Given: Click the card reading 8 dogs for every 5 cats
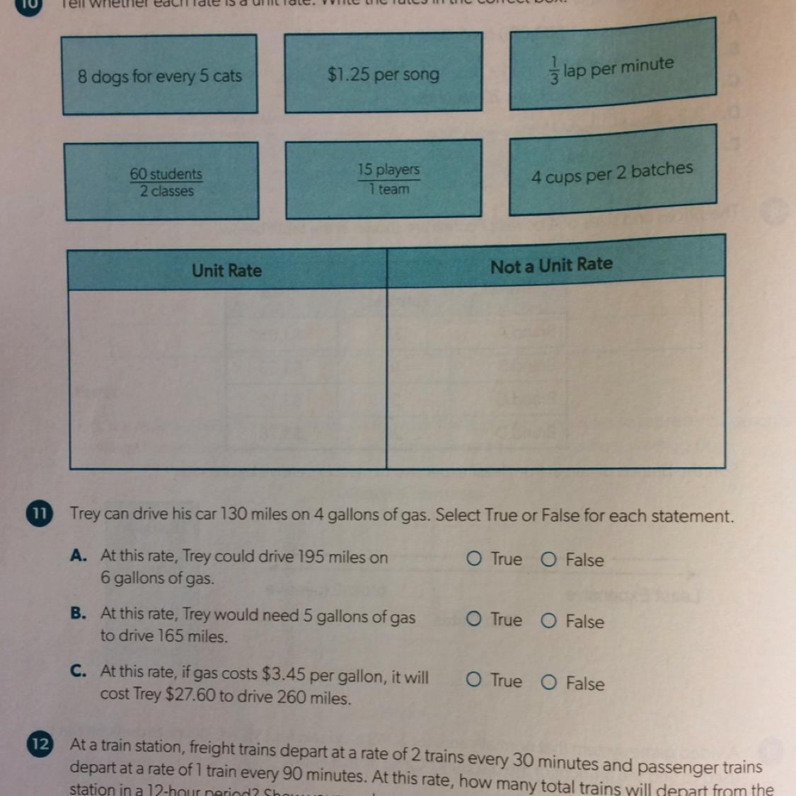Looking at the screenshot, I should tap(160, 75).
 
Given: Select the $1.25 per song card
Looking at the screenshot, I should tap(383, 74).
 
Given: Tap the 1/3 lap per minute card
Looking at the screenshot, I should tap(612, 68).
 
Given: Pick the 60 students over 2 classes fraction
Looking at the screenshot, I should tap(166, 182).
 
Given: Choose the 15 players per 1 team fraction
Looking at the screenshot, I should tap(388, 179).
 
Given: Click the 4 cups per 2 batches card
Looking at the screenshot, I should tap(612, 172).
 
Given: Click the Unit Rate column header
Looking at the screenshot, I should tap(226, 270).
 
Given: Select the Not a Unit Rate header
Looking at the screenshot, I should tap(551, 265).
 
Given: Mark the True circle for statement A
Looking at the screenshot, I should tap(474, 559).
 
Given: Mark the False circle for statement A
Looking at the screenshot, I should tap(548, 560).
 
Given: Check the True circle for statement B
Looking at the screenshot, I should tap(474, 620).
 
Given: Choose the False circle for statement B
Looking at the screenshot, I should tap(548, 621).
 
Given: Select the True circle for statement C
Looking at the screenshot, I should tap(474, 681).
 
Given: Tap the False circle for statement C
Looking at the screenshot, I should tap(548, 683).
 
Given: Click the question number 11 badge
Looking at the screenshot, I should tap(40, 514).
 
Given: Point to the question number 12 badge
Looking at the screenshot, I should tap(40, 744).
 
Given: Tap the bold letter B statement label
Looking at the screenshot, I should tap(78, 613).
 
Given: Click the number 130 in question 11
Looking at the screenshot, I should tap(233, 514).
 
